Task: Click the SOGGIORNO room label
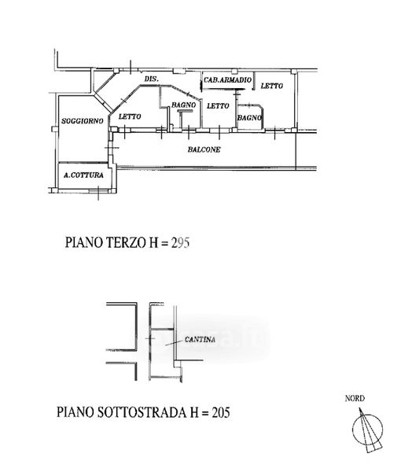82,121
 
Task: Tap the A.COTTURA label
83,175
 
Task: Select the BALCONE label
204,149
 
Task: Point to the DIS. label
151,79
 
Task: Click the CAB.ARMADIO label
228,80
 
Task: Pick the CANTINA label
200,340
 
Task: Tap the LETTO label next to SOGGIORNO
130,116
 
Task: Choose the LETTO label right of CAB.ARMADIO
271,86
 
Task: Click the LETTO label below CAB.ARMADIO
218,105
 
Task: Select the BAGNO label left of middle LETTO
183,105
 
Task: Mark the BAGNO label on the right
250,118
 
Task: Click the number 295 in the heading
181,242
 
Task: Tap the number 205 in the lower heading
221,412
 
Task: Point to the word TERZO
127,242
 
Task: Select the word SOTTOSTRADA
142,412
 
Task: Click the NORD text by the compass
355,398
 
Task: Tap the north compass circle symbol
368,430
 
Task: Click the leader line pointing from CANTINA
174,343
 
